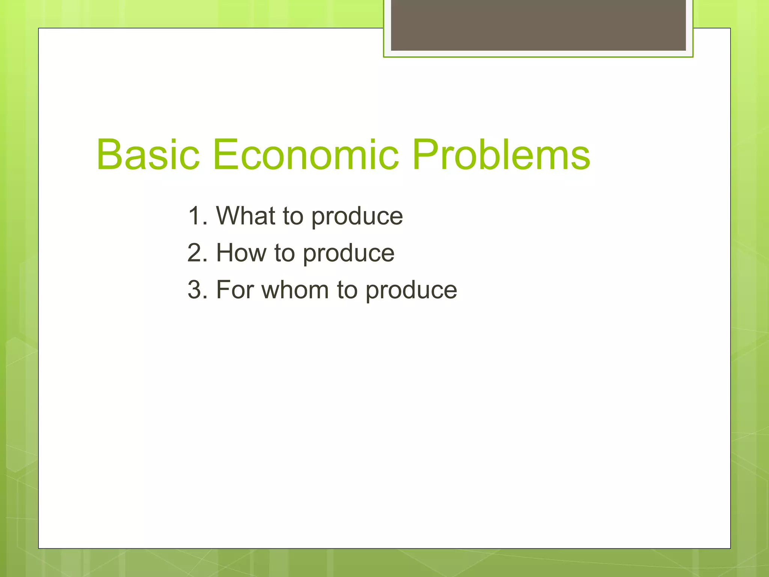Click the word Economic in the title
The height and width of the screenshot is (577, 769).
(305, 155)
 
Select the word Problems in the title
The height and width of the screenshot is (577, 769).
(501, 155)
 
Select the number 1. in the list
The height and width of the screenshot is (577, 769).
(198, 216)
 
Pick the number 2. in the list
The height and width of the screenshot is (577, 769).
(198, 253)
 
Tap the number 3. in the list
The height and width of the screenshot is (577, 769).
(198, 290)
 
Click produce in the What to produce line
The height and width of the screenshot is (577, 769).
(357, 218)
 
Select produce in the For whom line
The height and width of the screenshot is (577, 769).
(411, 292)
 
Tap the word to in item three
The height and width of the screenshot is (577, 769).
(347, 291)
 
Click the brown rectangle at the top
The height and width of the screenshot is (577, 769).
(538, 25)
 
